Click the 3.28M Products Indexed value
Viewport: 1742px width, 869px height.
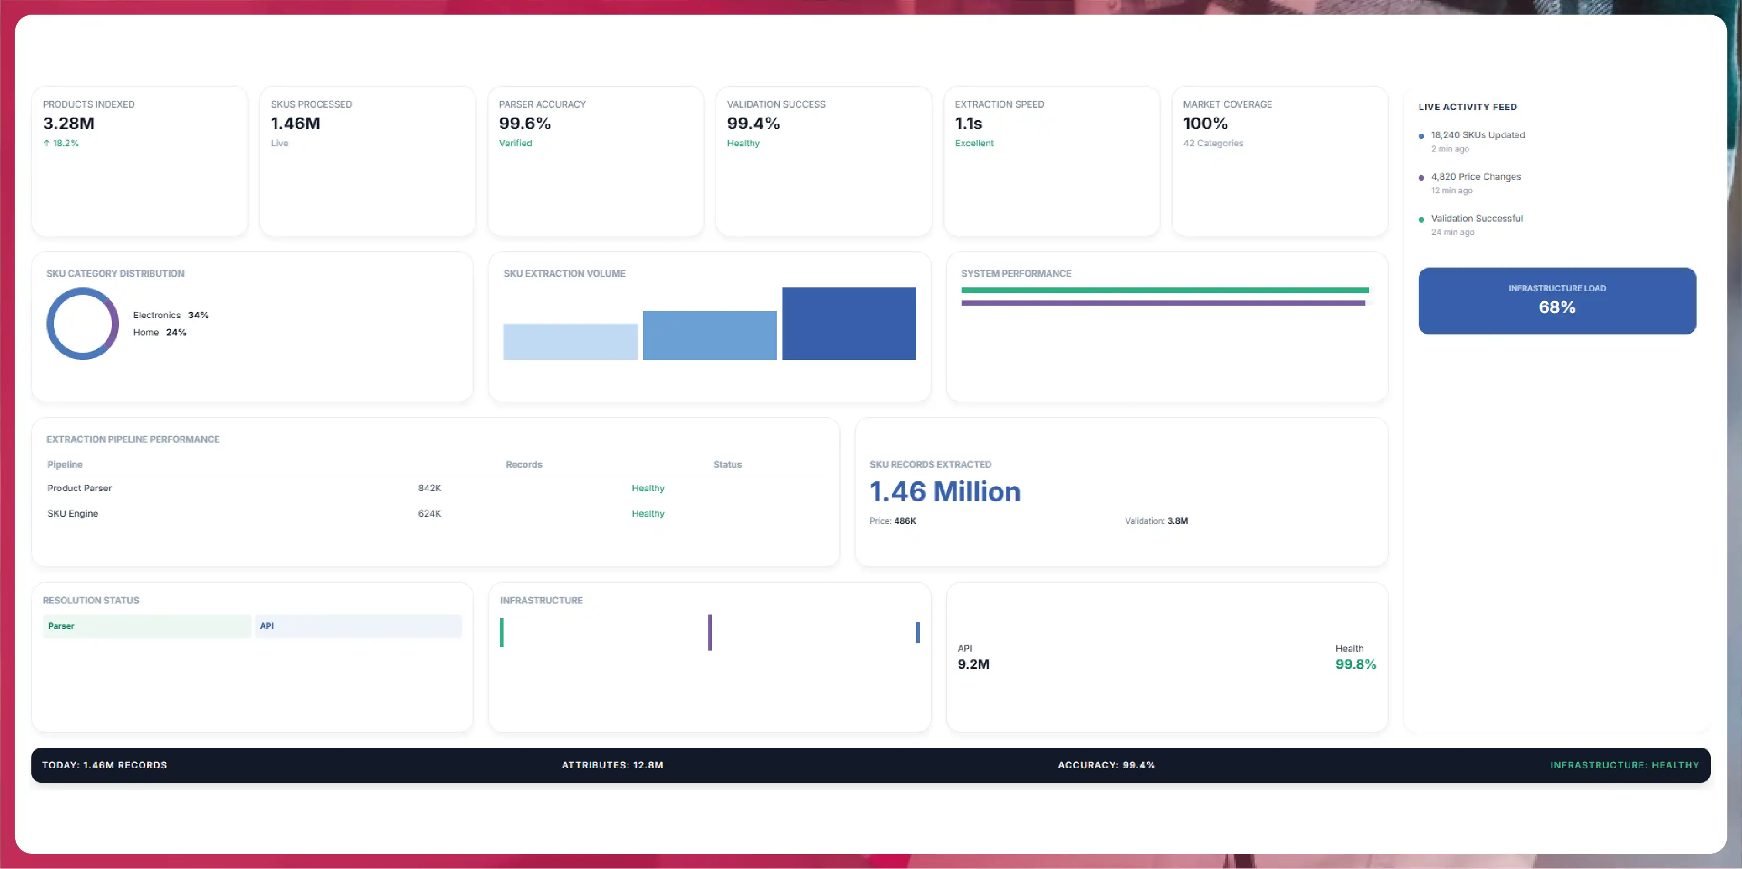point(68,124)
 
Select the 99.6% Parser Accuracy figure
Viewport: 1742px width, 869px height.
point(525,124)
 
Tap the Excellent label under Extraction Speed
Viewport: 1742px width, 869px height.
point(974,143)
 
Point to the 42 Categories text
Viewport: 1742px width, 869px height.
point(1213,143)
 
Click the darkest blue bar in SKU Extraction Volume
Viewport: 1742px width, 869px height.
point(849,323)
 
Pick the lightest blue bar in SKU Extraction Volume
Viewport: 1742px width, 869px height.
point(570,342)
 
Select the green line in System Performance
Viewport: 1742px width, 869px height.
point(1164,290)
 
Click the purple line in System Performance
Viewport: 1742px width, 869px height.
point(1163,303)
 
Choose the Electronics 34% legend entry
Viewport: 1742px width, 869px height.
point(170,315)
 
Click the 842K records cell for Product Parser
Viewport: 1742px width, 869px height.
point(429,488)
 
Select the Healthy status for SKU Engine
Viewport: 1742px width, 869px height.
point(648,514)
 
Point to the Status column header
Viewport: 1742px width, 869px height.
point(727,465)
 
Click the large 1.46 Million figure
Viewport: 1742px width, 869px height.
point(945,492)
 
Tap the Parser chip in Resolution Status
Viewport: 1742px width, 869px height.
point(147,626)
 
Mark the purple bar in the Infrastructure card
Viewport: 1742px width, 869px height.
point(709,632)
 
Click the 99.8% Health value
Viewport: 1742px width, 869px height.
point(1355,664)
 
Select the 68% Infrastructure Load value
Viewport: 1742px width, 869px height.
point(1557,308)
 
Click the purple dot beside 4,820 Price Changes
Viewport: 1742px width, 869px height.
point(1421,178)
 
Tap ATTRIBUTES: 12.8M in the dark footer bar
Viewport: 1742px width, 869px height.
point(612,765)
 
